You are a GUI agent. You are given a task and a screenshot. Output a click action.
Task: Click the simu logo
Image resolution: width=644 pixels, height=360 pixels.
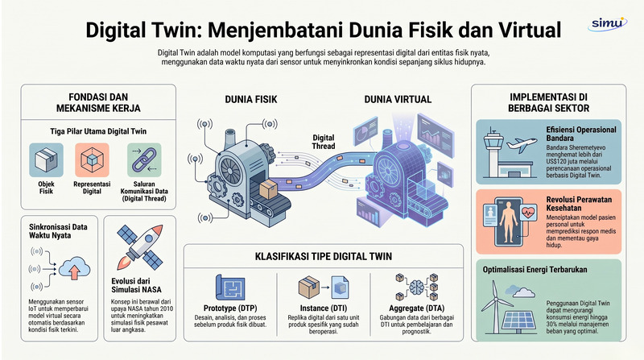click(x=608, y=23)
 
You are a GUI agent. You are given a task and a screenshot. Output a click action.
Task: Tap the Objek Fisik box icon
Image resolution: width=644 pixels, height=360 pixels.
click(x=46, y=159)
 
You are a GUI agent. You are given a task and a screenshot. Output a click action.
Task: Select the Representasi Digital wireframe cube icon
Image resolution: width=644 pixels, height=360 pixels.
click(x=92, y=159)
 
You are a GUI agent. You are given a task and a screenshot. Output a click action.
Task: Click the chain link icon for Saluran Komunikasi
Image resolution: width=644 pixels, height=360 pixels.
click(x=144, y=159)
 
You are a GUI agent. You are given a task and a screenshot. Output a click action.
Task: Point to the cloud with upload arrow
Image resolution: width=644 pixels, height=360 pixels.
click(x=74, y=269)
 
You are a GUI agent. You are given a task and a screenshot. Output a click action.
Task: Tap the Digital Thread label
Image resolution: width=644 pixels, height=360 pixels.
click(x=324, y=142)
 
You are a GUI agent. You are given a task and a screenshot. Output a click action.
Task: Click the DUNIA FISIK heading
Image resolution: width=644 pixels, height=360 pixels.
click(x=251, y=99)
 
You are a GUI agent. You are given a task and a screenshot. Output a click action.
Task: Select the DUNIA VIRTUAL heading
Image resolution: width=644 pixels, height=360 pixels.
click(x=398, y=99)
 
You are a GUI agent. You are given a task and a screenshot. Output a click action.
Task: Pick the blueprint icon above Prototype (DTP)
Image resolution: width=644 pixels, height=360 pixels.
click(x=230, y=288)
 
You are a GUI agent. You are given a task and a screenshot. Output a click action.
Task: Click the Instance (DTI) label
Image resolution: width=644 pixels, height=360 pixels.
click(x=324, y=308)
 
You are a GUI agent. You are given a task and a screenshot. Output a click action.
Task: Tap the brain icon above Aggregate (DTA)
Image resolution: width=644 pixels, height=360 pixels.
click(x=416, y=286)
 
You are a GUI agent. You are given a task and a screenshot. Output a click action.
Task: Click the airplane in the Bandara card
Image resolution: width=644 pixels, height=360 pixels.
click(x=522, y=145)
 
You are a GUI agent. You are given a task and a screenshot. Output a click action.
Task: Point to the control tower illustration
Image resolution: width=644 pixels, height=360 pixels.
click(x=493, y=153)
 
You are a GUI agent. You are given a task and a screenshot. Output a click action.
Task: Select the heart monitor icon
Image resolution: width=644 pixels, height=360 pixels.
click(x=528, y=213)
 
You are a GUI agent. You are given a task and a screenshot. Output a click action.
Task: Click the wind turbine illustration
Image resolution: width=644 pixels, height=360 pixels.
click(x=496, y=307)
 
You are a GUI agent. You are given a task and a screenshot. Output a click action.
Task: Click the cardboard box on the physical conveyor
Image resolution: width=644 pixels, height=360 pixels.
click(x=268, y=189)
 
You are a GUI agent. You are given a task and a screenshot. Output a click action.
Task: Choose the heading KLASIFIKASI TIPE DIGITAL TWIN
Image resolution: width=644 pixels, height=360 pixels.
click(x=324, y=256)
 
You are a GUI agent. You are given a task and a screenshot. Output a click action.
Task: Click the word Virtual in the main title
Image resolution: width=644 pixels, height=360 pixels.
click(x=530, y=30)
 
